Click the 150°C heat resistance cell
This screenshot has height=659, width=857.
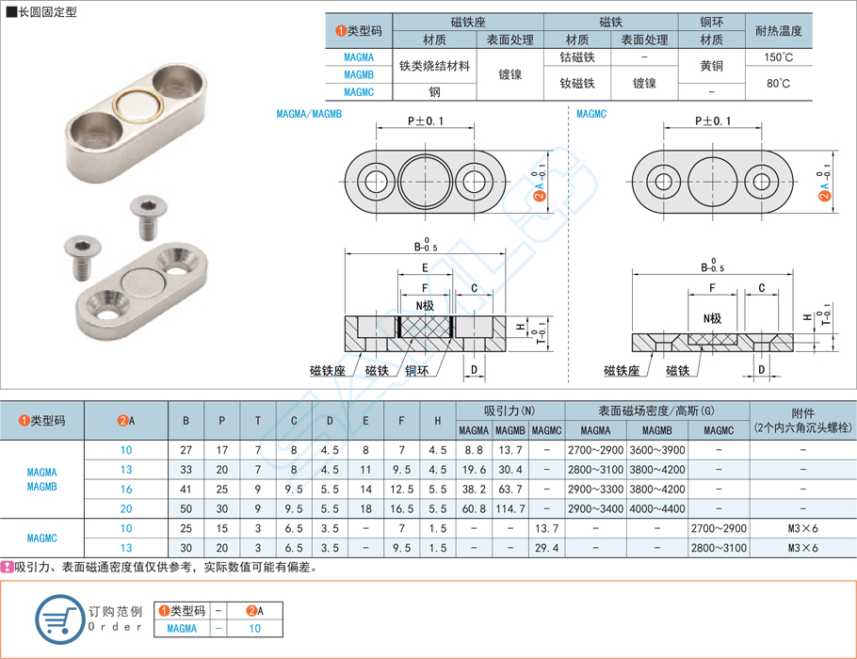pyautogui.click(x=778, y=57)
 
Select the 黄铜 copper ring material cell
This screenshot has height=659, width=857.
pyautogui.click(x=711, y=66)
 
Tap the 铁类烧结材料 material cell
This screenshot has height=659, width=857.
pyautogui.click(x=434, y=66)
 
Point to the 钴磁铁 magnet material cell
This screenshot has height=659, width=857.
pyautogui.click(x=577, y=57)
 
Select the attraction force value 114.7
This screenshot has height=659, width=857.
pyautogui.click(x=509, y=508)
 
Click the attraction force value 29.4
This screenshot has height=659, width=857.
pyautogui.click(x=545, y=548)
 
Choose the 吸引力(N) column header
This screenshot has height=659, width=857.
pyautogui.click(x=509, y=410)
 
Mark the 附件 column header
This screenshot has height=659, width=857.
pyautogui.click(x=802, y=412)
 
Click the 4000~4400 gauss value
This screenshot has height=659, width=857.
pyautogui.click(x=656, y=508)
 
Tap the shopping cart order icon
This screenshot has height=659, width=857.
pyautogui.click(x=58, y=619)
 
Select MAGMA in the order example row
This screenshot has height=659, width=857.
pyautogui.click(x=182, y=628)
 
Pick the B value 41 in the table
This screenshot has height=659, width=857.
pyautogui.click(x=186, y=489)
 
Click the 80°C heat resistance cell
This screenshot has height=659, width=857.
pyautogui.click(x=778, y=84)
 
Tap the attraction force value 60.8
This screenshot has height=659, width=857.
pyautogui.click(x=474, y=508)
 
